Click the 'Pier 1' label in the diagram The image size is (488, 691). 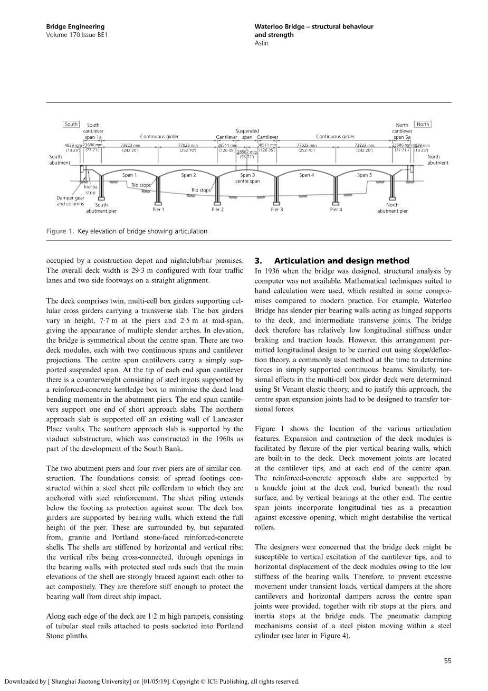coord(158,210)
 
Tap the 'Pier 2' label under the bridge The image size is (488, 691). coord(217,210)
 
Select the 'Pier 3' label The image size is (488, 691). coord(276,210)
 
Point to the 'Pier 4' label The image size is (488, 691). coord(336,210)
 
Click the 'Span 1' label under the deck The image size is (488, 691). coord(129,175)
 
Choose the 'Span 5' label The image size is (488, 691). coord(364,175)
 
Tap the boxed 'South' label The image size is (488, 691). coord(71,125)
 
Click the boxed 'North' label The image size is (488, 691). coord(423,125)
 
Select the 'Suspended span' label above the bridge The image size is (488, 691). coord(247,134)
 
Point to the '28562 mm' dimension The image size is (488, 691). coord(246,152)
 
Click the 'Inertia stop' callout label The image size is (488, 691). coord(91,190)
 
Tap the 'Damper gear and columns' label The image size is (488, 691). coord(70,201)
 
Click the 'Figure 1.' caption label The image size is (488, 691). coord(60,231)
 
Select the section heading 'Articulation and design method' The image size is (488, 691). coord(341,261)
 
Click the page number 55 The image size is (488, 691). coord(447,660)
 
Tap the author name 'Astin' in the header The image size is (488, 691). coord(261,43)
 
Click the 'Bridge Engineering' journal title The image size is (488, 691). coord(75,26)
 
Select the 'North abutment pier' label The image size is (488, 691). coord(392,208)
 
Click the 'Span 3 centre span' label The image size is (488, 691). coord(247,178)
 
